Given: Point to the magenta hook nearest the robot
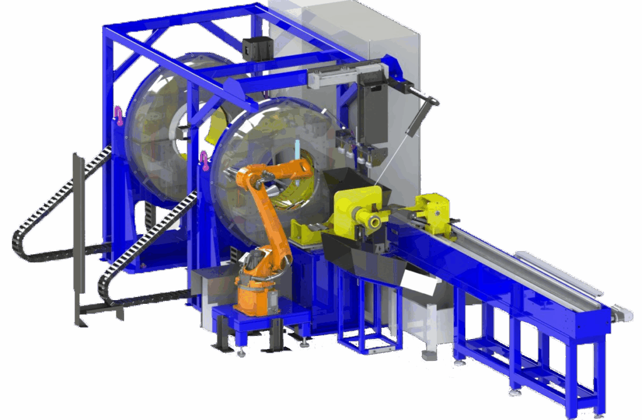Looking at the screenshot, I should pos(204,161).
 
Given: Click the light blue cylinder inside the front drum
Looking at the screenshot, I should pos(296,151).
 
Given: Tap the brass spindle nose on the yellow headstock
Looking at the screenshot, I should pos(374,220).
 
